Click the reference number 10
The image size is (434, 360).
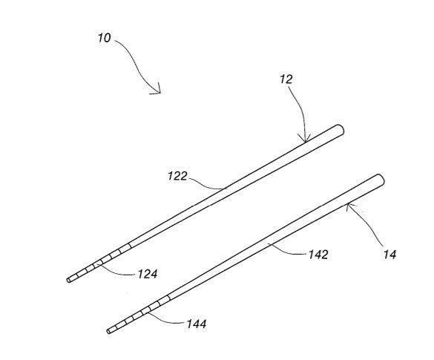click(105, 38)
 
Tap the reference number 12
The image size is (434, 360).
click(286, 79)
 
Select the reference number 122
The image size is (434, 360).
click(177, 176)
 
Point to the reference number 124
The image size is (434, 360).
click(148, 274)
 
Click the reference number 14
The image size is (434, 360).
click(389, 254)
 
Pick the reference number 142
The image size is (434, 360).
click(318, 255)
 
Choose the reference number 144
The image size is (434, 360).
click(197, 324)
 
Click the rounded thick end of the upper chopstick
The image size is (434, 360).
click(340, 130)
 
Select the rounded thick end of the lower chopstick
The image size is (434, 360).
click(380, 179)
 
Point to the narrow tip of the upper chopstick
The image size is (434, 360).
click(68, 281)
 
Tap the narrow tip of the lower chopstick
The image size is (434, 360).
click(108, 331)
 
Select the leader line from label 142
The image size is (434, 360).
click(288, 251)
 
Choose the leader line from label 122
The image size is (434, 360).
click(206, 184)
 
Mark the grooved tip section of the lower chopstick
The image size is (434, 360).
click(139, 313)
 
